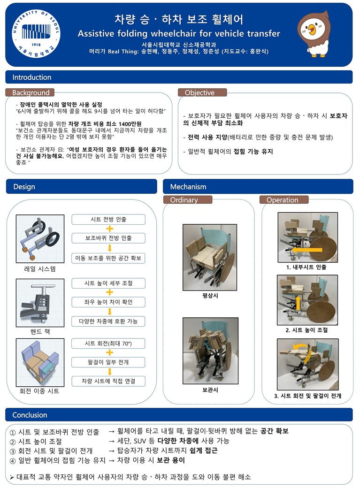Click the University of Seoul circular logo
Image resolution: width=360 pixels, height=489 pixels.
tap(36, 34)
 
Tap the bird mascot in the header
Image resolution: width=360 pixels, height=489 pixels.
tap(314, 34)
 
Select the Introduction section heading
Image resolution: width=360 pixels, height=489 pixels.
tap(32, 77)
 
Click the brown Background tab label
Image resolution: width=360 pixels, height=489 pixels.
tap(30, 92)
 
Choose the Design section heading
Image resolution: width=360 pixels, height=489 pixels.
tap(24, 187)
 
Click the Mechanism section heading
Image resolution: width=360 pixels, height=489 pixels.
tap(188, 187)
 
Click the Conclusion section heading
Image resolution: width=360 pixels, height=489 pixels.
tap(30, 415)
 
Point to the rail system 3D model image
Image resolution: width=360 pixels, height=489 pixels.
tap(40, 238)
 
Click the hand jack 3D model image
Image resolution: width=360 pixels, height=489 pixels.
tap(40, 303)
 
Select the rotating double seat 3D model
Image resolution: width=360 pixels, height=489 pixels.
tap(40, 362)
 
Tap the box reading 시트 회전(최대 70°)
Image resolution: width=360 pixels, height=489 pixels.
tap(108, 344)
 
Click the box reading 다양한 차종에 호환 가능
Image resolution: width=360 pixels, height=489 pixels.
tap(108, 321)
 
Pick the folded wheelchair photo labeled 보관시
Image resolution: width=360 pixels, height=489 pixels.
tap(211, 351)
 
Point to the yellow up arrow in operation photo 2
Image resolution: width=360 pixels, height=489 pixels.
tap(298, 304)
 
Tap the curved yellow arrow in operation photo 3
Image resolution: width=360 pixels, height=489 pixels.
tap(303, 352)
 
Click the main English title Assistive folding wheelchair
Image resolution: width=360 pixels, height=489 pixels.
tap(179, 34)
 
